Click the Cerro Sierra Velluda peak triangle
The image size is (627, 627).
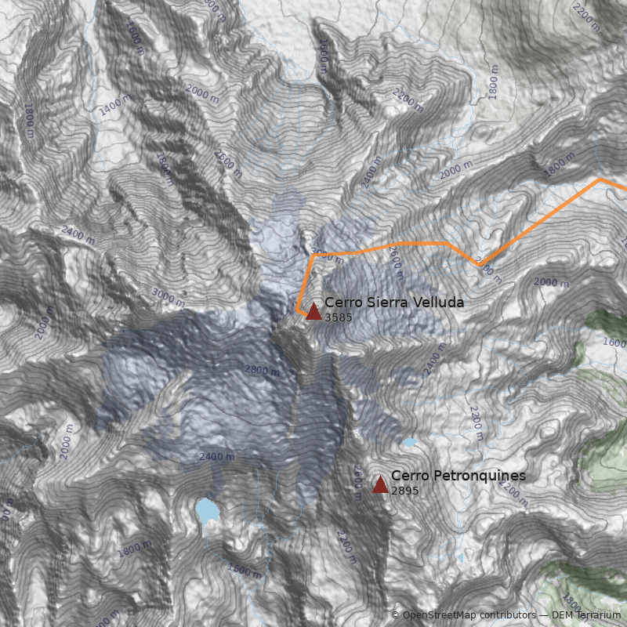[313, 311]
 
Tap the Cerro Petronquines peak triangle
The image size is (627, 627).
[380, 484]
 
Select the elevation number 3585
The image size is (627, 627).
[339, 317]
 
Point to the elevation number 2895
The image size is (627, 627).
[405, 491]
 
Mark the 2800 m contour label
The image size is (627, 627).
[262, 370]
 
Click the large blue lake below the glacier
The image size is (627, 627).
[207, 511]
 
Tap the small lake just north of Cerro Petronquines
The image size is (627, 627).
[409, 443]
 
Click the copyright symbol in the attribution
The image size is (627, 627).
[395, 615]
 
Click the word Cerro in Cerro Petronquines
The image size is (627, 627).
[408, 476]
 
